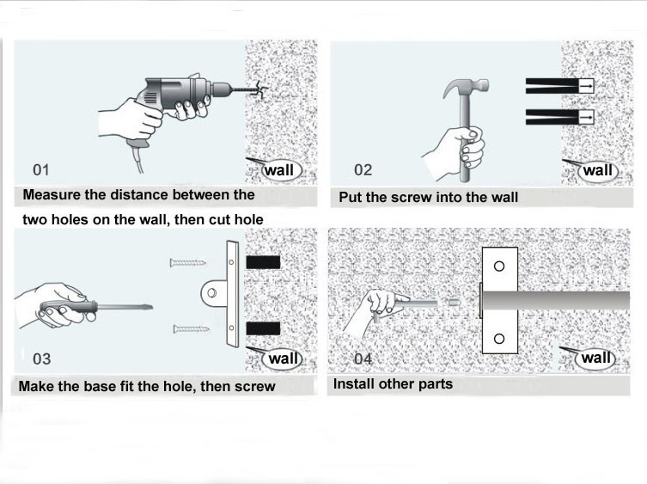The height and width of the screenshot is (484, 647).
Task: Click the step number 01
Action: (41, 169)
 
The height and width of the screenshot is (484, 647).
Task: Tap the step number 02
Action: (363, 169)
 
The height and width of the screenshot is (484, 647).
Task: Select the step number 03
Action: (42, 358)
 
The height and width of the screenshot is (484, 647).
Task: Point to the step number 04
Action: (363, 358)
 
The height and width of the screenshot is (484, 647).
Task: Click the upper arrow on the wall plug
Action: (586, 86)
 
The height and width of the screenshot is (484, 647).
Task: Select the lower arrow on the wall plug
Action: (586, 117)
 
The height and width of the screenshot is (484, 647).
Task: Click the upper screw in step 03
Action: (188, 263)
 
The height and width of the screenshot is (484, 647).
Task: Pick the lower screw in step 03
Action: (191, 329)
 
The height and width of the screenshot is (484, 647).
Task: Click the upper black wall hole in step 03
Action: (263, 262)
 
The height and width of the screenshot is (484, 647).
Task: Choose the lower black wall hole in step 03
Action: (263, 328)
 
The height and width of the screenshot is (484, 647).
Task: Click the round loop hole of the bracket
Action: (211, 293)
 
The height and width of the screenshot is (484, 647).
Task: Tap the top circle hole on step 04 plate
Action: (499, 266)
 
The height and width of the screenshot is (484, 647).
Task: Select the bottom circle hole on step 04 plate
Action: (499, 339)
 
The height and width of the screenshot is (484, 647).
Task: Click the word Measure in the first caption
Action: (52, 195)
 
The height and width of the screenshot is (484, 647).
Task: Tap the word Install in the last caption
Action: (354, 384)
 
